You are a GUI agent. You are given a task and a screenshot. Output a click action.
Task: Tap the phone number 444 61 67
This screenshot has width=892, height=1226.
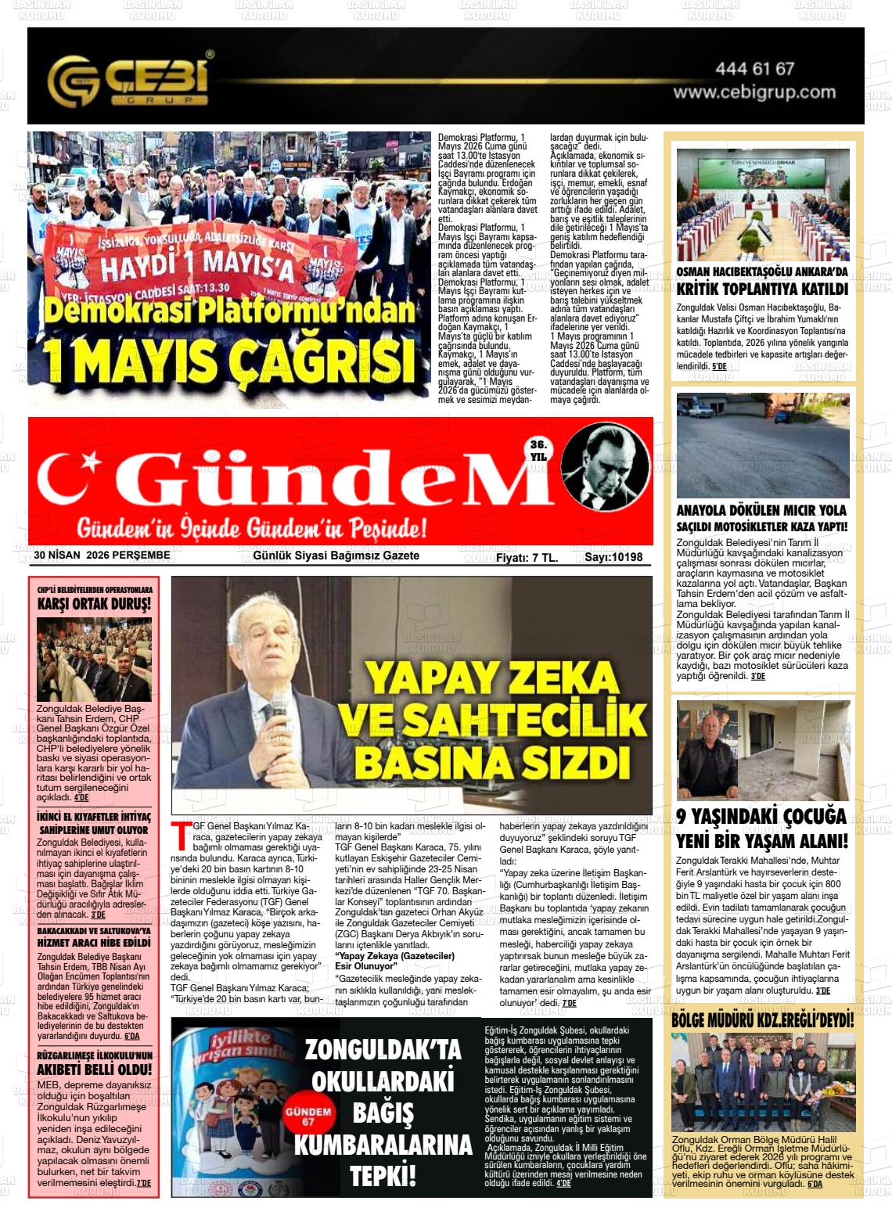point(754,69)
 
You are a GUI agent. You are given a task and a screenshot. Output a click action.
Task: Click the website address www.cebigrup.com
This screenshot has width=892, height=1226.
point(754,92)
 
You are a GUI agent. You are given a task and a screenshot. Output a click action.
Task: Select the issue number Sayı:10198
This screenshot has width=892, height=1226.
point(613,557)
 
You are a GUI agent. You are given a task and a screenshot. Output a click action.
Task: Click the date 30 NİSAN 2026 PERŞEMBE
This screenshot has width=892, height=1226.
point(102,555)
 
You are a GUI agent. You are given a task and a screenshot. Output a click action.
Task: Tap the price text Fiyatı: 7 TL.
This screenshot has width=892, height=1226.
point(527,557)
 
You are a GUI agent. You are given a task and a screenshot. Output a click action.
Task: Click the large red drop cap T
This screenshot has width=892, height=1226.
point(182,836)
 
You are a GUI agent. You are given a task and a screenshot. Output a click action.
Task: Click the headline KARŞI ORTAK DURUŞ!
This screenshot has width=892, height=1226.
point(94,604)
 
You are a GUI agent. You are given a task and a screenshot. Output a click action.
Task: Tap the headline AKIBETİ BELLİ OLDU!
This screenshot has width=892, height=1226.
point(95,1070)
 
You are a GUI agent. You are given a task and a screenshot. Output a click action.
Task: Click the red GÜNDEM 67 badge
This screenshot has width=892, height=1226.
point(308,1116)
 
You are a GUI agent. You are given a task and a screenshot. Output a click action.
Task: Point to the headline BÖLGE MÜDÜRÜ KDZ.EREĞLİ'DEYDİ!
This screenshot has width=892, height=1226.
point(762,1020)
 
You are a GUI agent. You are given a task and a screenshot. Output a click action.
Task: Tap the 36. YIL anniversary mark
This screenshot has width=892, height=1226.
point(538,450)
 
